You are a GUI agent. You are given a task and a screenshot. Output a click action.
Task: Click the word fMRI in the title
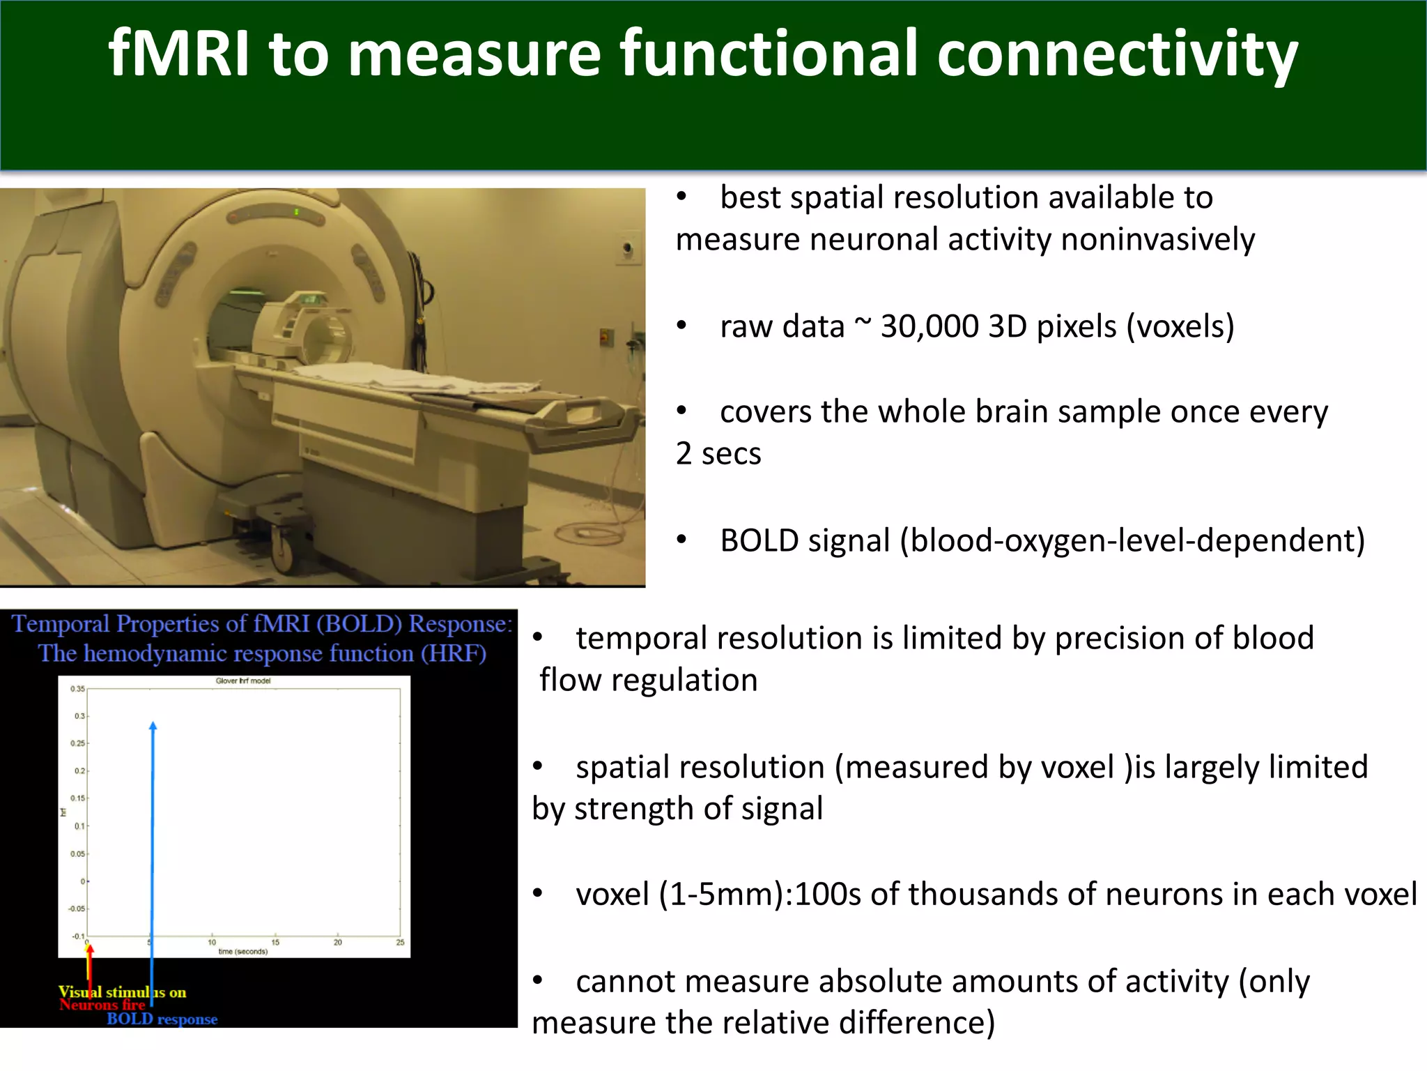(179, 54)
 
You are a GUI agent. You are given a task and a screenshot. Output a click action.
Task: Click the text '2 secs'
(718, 454)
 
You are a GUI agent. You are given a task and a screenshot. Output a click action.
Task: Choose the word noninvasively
(1157, 240)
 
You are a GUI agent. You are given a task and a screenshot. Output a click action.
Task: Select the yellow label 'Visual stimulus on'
(122, 992)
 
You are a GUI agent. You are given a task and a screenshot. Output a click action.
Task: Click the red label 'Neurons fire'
(102, 1005)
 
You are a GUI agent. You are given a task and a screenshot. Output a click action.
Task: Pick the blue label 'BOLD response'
(162, 1019)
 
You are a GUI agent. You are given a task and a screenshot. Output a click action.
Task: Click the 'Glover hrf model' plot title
(242, 681)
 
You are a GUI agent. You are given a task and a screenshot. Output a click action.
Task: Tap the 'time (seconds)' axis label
(242, 951)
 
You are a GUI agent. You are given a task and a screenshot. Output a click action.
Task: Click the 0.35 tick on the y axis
(77, 689)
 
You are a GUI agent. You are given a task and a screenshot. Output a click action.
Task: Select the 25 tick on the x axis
(400, 942)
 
